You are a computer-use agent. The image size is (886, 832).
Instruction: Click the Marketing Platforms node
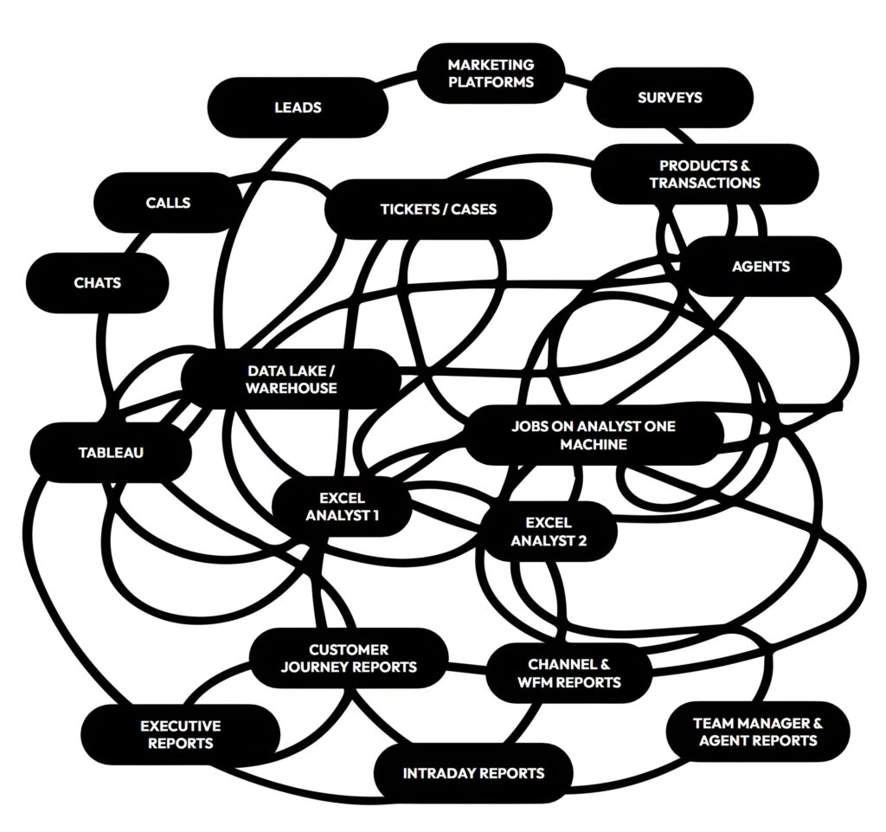click(x=491, y=74)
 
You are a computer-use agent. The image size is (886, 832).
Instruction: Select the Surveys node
click(x=670, y=98)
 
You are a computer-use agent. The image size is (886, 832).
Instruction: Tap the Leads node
click(x=298, y=107)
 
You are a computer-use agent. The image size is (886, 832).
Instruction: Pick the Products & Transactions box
click(x=704, y=174)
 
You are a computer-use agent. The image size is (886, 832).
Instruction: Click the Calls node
click(x=168, y=203)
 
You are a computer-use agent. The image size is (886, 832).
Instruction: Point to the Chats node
click(x=97, y=283)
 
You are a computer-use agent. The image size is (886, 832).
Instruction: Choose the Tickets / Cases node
click(x=438, y=209)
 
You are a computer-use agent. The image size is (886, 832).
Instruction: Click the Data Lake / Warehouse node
click(x=291, y=379)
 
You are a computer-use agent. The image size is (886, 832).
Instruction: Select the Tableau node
click(x=111, y=452)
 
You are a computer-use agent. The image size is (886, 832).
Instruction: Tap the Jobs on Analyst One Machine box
click(x=593, y=435)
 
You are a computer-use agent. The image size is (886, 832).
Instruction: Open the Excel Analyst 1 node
click(x=342, y=507)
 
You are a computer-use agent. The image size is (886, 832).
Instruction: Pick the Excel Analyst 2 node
click(x=549, y=532)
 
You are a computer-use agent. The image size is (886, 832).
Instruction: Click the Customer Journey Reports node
click(x=349, y=658)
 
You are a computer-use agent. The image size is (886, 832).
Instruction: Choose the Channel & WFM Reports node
click(x=568, y=673)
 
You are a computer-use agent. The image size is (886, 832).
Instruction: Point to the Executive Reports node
click(x=180, y=734)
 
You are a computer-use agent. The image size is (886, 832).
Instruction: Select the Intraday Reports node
click(x=473, y=772)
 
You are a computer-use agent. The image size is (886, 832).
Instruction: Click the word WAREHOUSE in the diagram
click(x=291, y=388)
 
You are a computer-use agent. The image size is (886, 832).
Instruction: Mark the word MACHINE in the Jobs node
click(x=593, y=444)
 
